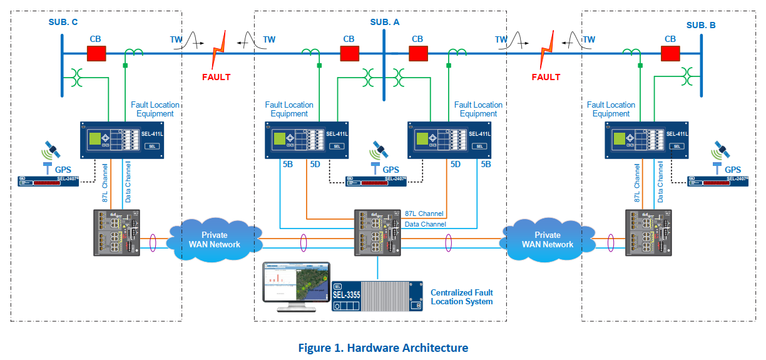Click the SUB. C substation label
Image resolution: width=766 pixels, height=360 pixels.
(63, 23)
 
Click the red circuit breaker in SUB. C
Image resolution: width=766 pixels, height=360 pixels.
(96, 54)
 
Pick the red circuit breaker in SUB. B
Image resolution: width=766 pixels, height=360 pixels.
(670, 54)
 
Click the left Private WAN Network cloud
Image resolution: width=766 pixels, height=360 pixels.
(215, 239)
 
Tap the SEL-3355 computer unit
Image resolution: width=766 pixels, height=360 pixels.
(377, 296)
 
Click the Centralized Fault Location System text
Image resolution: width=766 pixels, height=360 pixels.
(462, 297)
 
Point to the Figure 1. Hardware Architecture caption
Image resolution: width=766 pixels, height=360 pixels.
(383, 347)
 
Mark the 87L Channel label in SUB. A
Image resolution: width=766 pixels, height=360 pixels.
(424, 213)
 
